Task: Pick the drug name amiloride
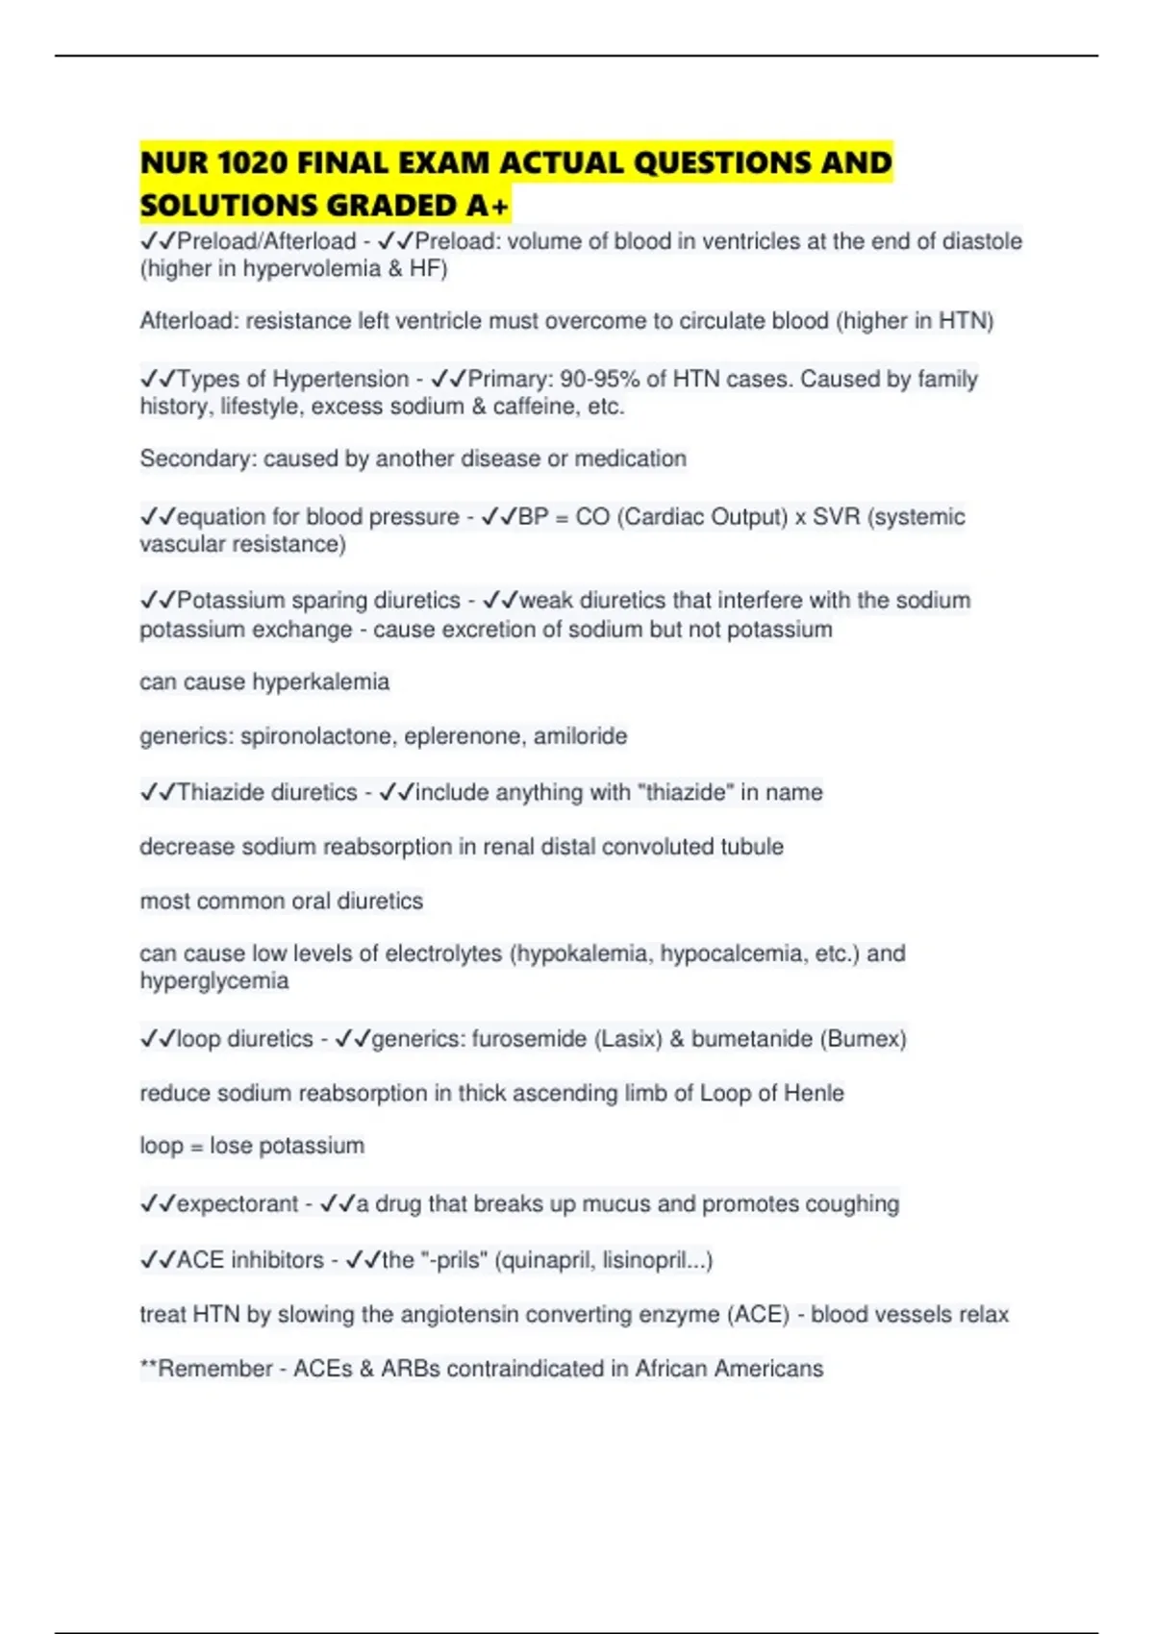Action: point(580,736)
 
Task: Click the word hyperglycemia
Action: point(213,981)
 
